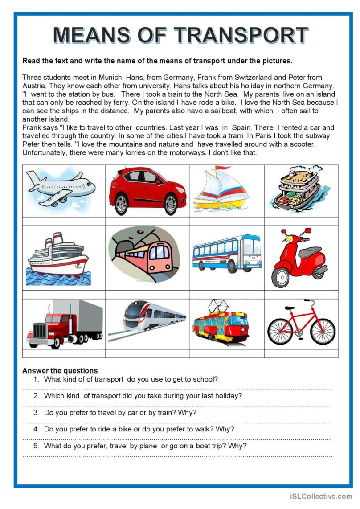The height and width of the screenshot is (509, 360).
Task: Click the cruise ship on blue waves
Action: click(58, 259)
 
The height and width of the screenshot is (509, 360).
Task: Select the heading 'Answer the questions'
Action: click(60, 371)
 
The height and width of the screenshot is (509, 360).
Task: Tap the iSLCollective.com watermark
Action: click(320, 496)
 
